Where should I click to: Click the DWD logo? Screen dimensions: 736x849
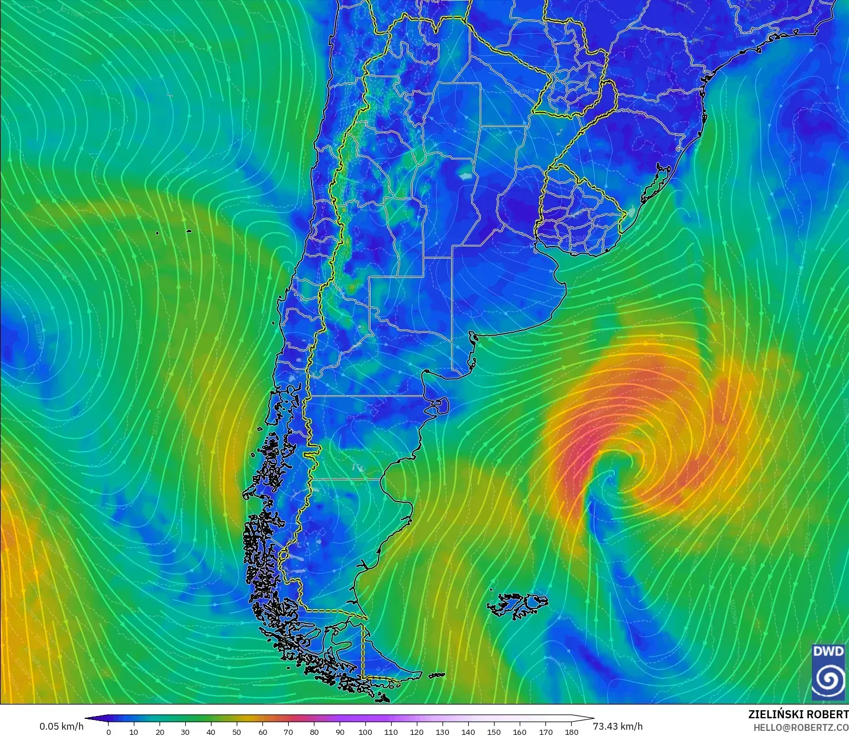pyautogui.click(x=828, y=672)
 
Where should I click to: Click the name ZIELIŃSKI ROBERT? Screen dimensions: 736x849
pyautogui.click(x=798, y=714)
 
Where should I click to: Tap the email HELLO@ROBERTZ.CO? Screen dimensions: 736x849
pyautogui.click(x=800, y=727)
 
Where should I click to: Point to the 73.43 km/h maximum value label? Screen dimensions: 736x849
pyautogui.click(x=617, y=726)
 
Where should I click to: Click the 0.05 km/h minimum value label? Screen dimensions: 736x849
pyautogui.click(x=61, y=726)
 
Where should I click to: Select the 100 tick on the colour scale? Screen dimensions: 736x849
pyautogui.click(x=365, y=731)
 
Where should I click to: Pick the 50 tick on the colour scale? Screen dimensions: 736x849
pyautogui.click(x=237, y=731)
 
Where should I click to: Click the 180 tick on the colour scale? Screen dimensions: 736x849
pyautogui.click(x=571, y=731)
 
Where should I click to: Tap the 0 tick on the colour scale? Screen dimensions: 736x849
pyautogui.click(x=109, y=731)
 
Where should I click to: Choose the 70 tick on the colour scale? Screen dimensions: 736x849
pyautogui.click(x=288, y=731)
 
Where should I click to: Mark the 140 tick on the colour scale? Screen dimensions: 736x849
pyautogui.click(x=468, y=731)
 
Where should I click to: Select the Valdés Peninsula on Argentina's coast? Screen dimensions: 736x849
pyautogui.click(x=439, y=406)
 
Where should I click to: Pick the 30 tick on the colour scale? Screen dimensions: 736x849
pyautogui.click(x=185, y=731)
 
